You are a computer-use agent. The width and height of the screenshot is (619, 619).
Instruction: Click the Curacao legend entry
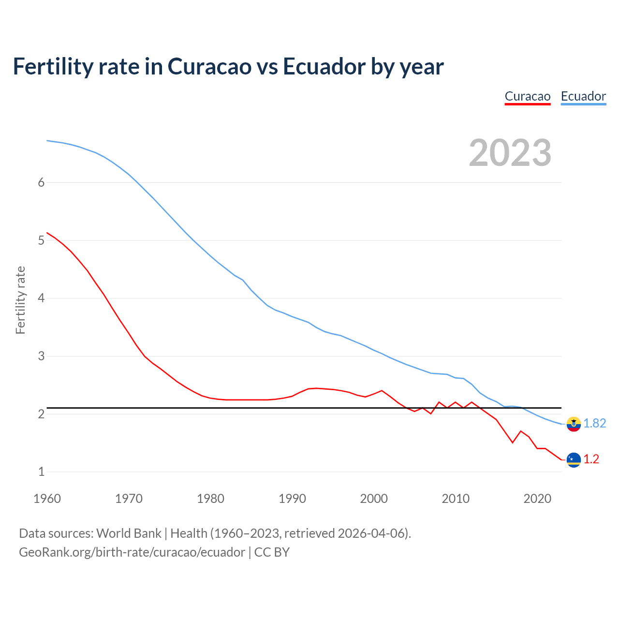click(x=528, y=96)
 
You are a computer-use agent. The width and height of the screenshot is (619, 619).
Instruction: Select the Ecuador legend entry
click(x=583, y=96)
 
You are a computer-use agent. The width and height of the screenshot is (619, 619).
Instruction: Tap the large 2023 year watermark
click(x=510, y=153)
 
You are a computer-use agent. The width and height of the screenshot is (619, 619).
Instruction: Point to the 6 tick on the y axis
click(x=41, y=182)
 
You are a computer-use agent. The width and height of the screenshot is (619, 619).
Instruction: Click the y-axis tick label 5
click(x=41, y=240)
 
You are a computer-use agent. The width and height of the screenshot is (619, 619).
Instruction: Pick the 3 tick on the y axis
click(x=41, y=356)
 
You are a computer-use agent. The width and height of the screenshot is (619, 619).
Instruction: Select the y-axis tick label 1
click(x=41, y=472)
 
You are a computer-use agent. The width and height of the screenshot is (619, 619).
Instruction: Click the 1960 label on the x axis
click(x=47, y=499)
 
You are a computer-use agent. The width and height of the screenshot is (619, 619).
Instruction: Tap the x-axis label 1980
click(x=210, y=499)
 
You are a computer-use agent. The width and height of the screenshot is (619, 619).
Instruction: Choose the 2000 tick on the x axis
click(x=374, y=499)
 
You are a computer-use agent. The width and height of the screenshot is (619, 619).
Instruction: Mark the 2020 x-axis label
click(x=537, y=499)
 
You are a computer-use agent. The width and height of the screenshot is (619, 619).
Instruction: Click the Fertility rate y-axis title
click(x=20, y=300)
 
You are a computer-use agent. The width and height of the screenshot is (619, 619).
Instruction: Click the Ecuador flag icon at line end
click(x=574, y=424)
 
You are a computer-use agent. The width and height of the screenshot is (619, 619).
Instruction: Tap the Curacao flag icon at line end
click(x=574, y=459)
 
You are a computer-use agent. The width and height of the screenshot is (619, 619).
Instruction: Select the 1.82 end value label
click(x=594, y=424)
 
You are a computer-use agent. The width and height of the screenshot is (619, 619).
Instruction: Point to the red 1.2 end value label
click(x=591, y=459)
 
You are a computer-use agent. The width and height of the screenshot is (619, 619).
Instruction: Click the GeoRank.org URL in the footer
click(x=132, y=552)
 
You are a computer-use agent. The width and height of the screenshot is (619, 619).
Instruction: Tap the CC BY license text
click(x=272, y=552)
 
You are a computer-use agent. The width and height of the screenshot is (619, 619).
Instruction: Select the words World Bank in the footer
click(x=129, y=533)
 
